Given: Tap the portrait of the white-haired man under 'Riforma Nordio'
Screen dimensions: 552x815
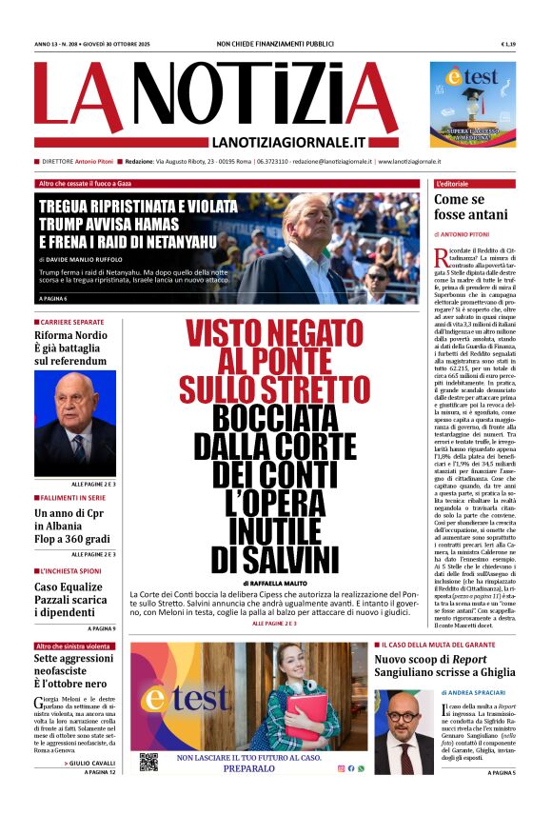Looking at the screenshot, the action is (x=75, y=424).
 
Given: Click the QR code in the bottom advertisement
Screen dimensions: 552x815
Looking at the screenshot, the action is (x=148, y=762).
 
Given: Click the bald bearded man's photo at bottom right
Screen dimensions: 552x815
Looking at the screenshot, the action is (x=404, y=731).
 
